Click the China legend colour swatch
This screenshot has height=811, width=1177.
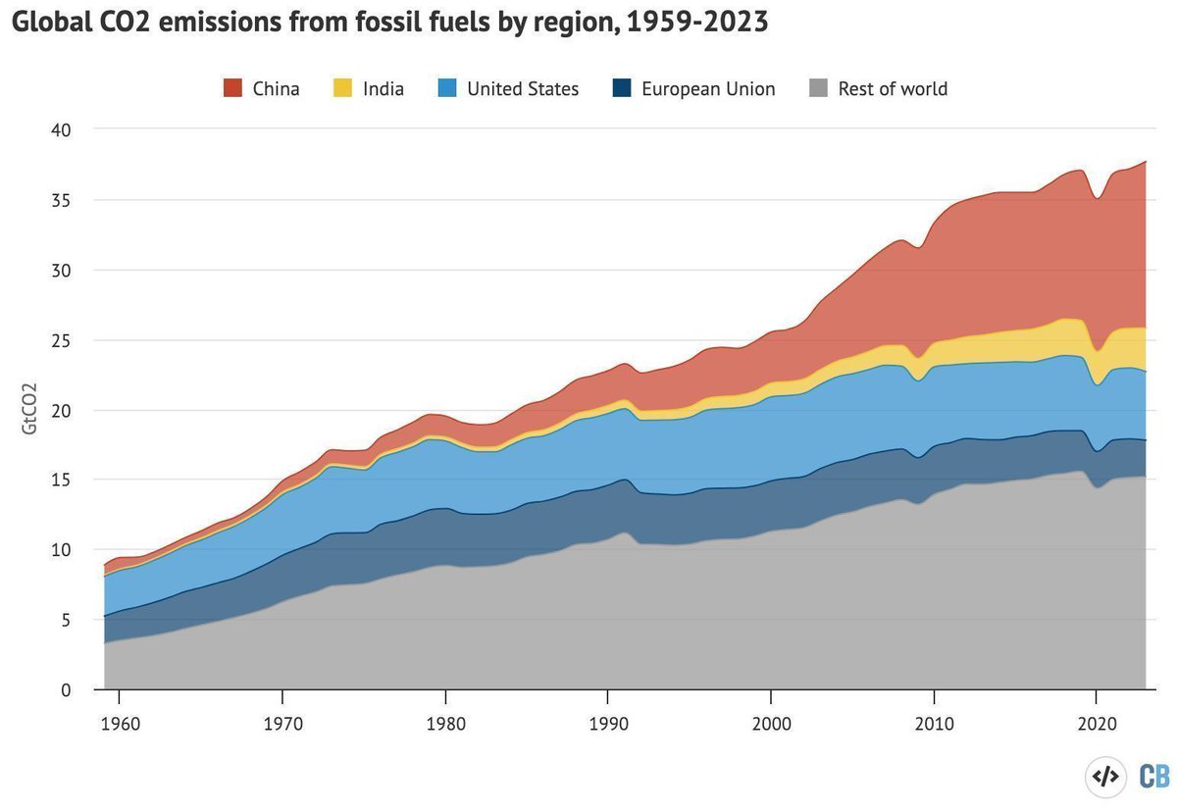pyautogui.click(x=233, y=89)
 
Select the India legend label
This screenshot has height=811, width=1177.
pyautogui.click(x=383, y=89)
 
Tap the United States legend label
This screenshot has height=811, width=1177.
pyautogui.click(x=523, y=89)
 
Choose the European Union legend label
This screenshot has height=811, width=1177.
pyautogui.click(x=708, y=89)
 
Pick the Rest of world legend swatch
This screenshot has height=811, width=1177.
pyautogui.click(x=819, y=89)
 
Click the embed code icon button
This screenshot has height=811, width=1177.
pyautogui.click(x=1105, y=777)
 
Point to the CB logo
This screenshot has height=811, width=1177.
pyautogui.click(x=1153, y=777)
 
